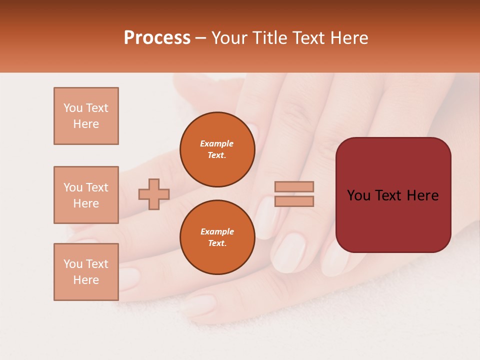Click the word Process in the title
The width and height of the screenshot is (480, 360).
[157, 38]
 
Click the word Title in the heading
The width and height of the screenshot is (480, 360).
[270, 38]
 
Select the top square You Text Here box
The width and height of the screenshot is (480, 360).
[86, 116]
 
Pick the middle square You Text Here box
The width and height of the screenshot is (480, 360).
[86, 195]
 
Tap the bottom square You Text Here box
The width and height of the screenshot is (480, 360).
[86, 272]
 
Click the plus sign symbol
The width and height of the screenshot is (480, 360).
[154, 194]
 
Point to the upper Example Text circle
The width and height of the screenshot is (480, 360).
[217, 149]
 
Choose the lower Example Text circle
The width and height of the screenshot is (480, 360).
[217, 237]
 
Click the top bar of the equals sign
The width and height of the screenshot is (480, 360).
[294, 186]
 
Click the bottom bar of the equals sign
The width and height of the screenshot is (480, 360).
[294, 201]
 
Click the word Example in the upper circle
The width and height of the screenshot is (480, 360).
[217, 143]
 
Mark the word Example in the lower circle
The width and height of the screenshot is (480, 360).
[217, 231]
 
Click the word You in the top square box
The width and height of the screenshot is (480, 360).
[72, 108]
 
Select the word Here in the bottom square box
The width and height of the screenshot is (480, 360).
[86, 280]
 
